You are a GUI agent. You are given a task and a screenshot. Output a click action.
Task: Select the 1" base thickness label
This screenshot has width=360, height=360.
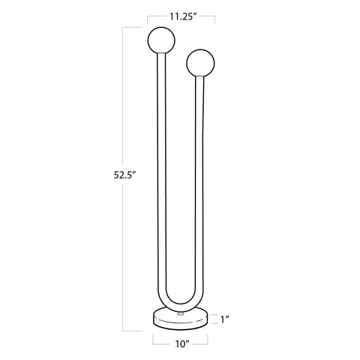click(226, 319)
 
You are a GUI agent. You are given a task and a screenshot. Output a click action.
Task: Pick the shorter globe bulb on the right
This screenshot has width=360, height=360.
click(201, 61)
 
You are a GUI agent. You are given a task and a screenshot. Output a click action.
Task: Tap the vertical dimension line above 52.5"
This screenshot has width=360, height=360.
click(124, 97)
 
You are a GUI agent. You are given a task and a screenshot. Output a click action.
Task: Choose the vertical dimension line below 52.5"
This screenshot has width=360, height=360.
click(124, 255)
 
